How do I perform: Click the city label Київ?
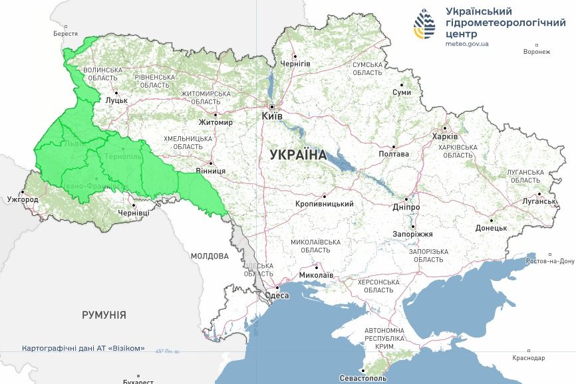click(x=273, y=116)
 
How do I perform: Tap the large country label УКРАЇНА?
click(x=298, y=155)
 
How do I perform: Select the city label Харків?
click(x=445, y=137)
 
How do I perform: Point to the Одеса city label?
click(x=277, y=296)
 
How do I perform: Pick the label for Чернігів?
click(x=295, y=63)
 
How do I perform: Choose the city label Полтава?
click(x=394, y=154)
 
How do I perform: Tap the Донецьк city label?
click(x=491, y=228)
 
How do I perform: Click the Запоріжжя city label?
click(x=412, y=235)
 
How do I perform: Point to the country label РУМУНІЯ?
click(x=104, y=315)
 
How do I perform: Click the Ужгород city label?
click(x=23, y=199)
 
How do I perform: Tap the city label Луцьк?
click(x=116, y=100)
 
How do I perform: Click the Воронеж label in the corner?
click(x=537, y=52)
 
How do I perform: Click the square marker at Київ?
click(x=271, y=106)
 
